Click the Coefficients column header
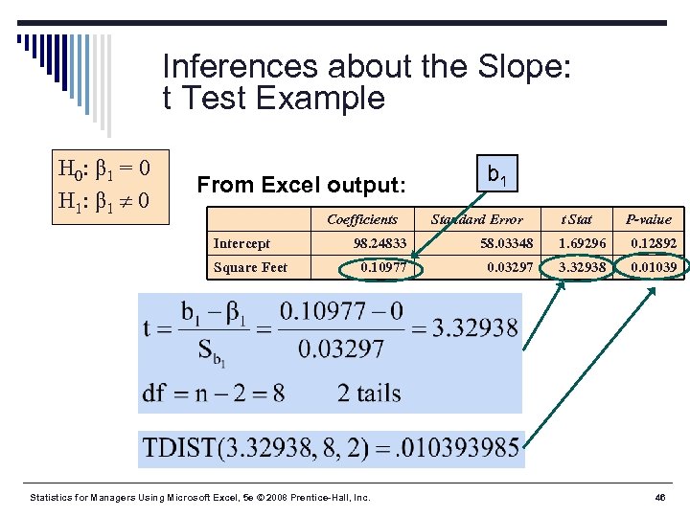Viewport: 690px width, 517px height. click(x=362, y=219)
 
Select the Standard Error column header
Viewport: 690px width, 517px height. click(x=477, y=219)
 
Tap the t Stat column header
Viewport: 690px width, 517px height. click(x=578, y=219)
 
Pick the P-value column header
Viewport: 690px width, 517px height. click(x=649, y=219)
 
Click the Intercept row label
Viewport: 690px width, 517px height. click(x=241, y=243)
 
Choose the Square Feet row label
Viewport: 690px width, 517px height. click(x=250, y=267)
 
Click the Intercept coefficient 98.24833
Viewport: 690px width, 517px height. click(x=379, y=243)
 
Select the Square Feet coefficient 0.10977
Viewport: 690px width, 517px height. click(x=383, y=267)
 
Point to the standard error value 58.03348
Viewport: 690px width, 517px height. click(x=507, y=243)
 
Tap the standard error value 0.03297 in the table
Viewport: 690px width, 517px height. click(x=510, y=267)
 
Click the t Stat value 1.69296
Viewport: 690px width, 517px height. click(x=583, y=243)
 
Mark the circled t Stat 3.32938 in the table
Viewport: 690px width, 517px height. click(x=583, y=267)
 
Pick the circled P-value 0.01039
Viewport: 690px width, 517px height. click(x=654, y=267)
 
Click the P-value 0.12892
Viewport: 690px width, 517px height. click(x=654, y=243)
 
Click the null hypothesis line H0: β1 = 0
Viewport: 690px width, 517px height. click(x=103, y=170)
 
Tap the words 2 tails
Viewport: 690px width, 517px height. click(x=369, y=393)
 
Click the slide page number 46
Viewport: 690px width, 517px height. click(x=660, y=498)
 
